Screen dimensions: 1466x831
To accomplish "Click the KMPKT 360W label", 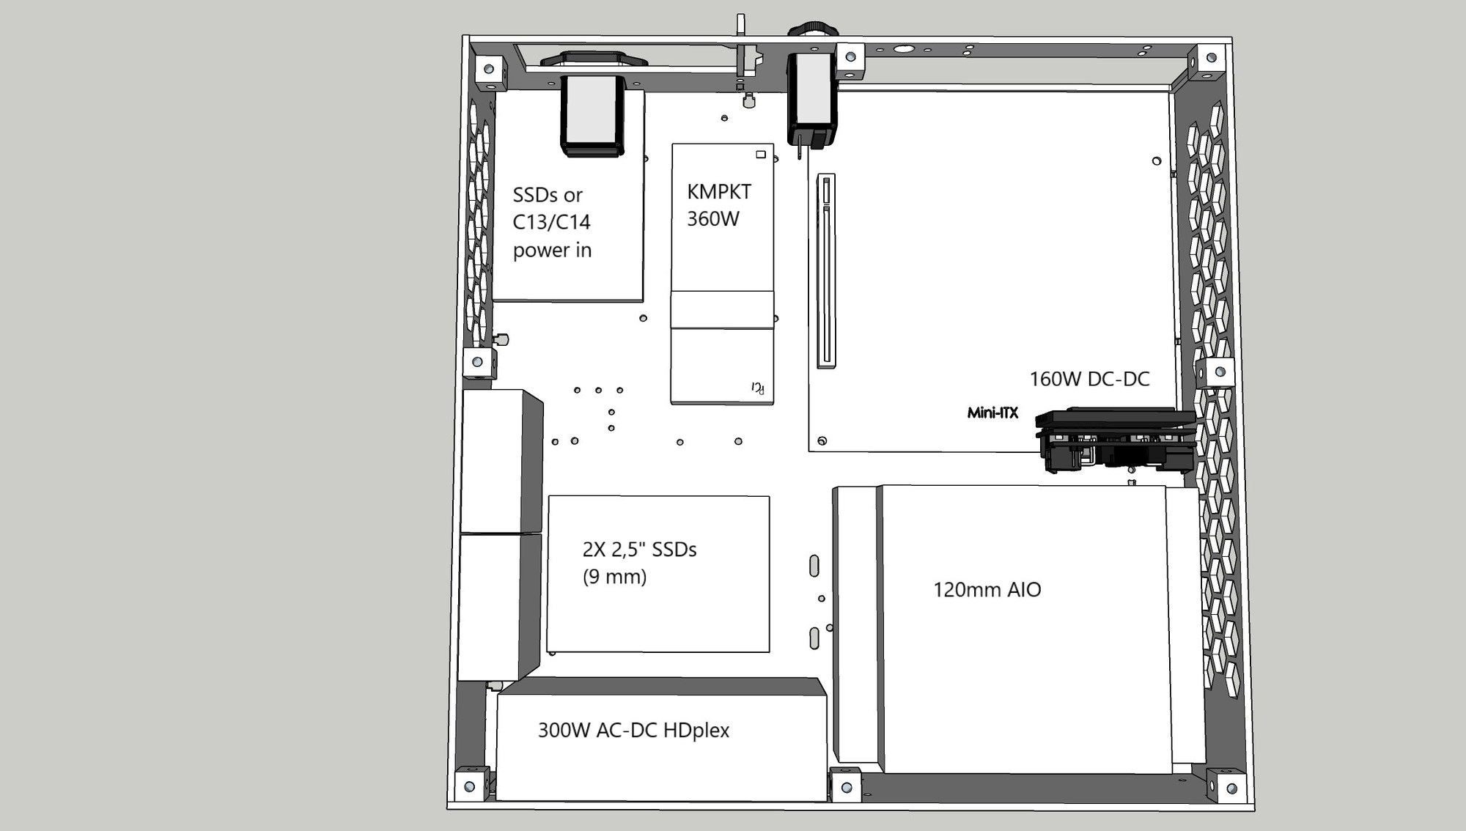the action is pyautogui.click(x=718, y=205).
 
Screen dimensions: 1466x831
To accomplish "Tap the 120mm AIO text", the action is pyautogui.click(x=987, y=590).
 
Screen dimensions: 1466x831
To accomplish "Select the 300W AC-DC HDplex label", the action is pyautogui.click(x=633, y=731).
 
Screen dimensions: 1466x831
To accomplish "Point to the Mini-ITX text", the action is pyautogui.click(x=992, y=413).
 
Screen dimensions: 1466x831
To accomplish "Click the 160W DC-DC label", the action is pyautogui.click(x=1089, y=379).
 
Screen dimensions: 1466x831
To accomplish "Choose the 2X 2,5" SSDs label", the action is pyautogui.click(x=639, y=550).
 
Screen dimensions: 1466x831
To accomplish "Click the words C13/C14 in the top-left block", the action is pyautogui.click(x=551, y=222).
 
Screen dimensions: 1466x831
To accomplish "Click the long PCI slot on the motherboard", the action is pyautogui.click(x=826, y=271).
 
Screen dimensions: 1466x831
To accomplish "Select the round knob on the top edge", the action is pyautogui.click(x=813, y=29).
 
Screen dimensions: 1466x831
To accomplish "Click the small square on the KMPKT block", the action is pyautogui.click(x=761, y=155).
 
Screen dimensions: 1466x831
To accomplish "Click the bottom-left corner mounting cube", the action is pyautogui.click(x=471, y=785).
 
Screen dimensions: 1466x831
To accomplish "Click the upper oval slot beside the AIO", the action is pyautogui.click(x=814, y=566).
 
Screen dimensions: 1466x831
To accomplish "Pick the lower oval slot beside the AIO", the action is pyautogui.click(x=814, y=638).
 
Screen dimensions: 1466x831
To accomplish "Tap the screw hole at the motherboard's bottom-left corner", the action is pyautogui.click(x=822, y=441).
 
